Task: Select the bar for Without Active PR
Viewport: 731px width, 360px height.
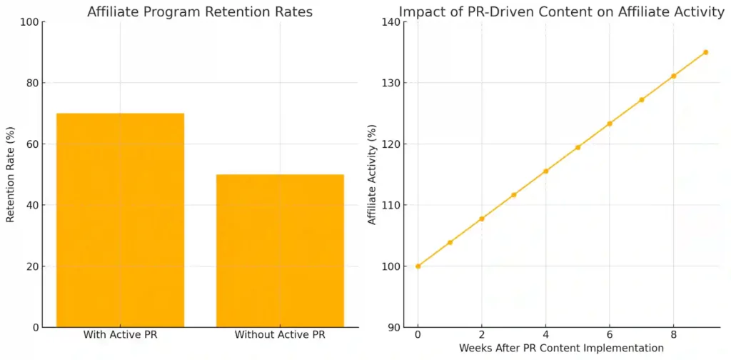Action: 280,251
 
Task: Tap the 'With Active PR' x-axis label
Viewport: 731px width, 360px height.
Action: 120,334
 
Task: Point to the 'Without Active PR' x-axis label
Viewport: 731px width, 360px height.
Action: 280,334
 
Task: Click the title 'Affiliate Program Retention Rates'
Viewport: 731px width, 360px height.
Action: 200,11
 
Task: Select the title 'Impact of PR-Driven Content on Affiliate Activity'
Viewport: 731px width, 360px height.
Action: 561,11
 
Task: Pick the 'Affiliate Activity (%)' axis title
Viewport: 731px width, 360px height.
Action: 371,174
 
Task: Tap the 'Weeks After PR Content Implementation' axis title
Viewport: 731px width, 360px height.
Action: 561,348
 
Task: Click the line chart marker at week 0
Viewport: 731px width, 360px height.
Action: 418,266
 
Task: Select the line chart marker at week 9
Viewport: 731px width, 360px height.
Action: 705,52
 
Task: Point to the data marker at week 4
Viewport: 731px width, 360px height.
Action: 545,171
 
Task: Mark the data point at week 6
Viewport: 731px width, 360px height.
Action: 610,124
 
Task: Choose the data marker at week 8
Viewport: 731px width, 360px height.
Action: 673,76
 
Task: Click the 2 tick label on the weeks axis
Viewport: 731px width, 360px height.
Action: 482,334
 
